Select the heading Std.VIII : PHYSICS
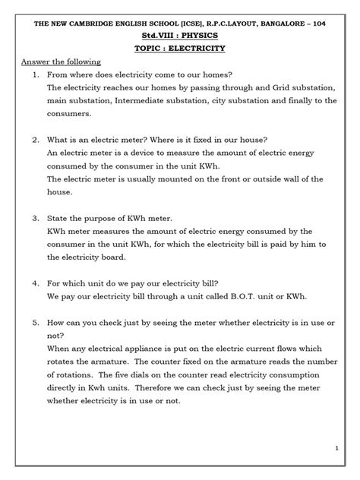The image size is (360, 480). (x=180, y=33)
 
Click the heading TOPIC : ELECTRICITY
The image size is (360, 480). (x=180, y=47)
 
